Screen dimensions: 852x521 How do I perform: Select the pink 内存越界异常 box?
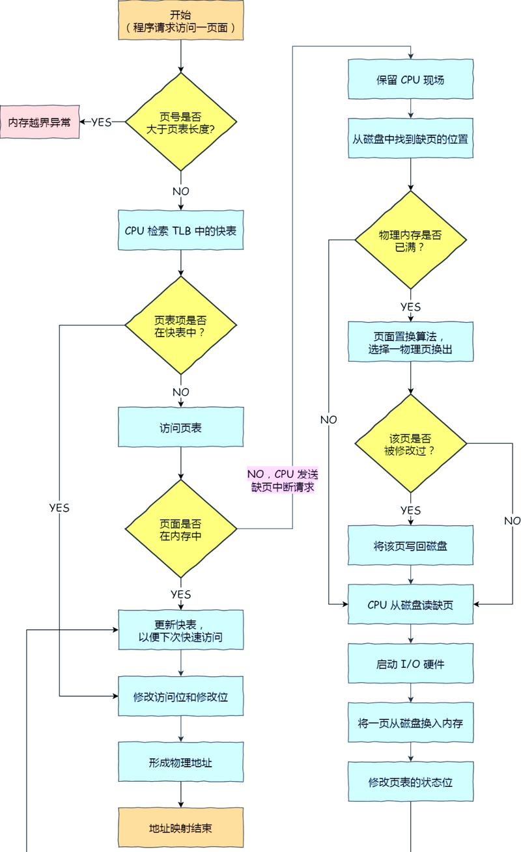pyautogui.click(x=40, y=122)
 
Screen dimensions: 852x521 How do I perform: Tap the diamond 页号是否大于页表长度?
pyautogui.click(x=180, y=122)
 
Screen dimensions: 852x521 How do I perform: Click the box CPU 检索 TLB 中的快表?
pyautogui.click(x=180, y=230)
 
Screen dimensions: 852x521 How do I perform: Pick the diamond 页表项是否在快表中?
pyautogui.click(x=180, y=325)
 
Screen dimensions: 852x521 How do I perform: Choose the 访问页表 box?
pyautogui.click(x=180, y=428)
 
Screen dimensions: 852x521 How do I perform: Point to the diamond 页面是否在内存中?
pyautogui.click(x=180, y=529)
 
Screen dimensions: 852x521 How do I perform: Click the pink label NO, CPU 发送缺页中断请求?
pyautogui.click(x=283, y=480)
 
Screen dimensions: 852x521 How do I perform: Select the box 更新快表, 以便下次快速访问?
pyautogui.click(x=180, y=630)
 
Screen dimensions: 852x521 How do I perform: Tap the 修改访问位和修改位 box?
pyautogui.click(x=180, y=696)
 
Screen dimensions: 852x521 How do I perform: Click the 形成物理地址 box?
pyautogui.click(x=180, y=762)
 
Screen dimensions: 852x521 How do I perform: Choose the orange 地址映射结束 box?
pyautogui.click(x=180, y=828)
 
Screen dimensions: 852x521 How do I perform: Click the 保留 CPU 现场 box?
pyautogui.click(x=410, y=79)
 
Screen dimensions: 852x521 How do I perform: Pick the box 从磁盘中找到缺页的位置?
pyautogui.click(x=410, y=139)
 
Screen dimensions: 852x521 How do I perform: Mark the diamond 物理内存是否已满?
pyautogui.click(x=410, y=240)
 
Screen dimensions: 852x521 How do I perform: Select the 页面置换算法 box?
pyautogui.click(x=410, y=342)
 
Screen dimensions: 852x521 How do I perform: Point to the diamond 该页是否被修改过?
pyautogui.click(x=410, y=444)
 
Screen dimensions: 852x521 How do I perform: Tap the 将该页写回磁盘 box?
pyautogui.click(x=410, y=545)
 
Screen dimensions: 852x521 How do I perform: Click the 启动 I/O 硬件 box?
pyautogui.click(x=410, y=664)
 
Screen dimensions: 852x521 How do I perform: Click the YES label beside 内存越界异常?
pyautogui.click(x=101, y=122)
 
